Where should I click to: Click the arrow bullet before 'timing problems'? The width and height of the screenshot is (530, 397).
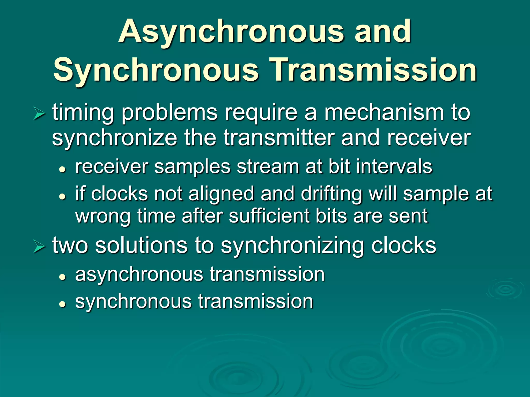point(39,114)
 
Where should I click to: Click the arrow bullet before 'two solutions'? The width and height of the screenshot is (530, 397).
point(39,247)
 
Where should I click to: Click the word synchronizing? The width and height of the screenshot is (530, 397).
point(292,246)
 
